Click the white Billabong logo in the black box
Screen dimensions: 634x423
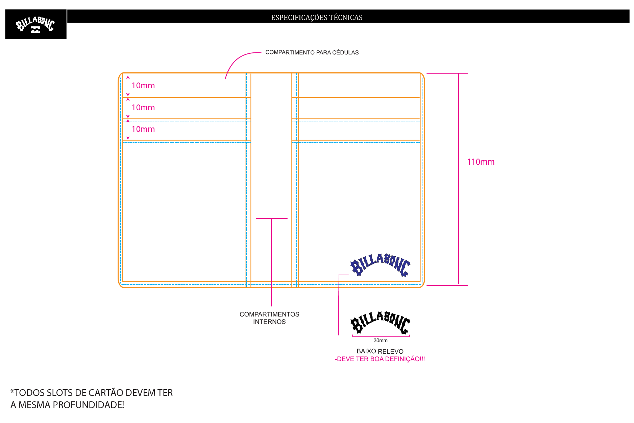pos(35,25)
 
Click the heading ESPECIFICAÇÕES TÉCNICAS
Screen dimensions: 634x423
pos(317,17)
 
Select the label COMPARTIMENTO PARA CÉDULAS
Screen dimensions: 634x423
pos(312,52)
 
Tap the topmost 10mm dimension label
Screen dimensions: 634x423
pos(143,86)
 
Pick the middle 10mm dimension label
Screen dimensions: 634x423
pos(143,108)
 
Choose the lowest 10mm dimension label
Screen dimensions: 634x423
pos(143,129)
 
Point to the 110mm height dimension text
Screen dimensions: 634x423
pos(481,162)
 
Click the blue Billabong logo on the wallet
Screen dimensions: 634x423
pos(380,265)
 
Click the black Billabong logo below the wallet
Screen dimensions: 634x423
pos(380,323)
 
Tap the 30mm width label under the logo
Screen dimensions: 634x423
pos(381,340)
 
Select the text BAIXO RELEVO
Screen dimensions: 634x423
pos(380,351)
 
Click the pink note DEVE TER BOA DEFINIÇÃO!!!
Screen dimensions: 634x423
pos(380,359)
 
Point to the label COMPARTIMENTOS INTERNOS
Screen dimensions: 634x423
pos(269,318)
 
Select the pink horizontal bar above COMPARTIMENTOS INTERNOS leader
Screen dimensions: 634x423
pos(272,218)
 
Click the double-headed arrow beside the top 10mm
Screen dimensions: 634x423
pos(128,86)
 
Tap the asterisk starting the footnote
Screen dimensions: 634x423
pos(12,391)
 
